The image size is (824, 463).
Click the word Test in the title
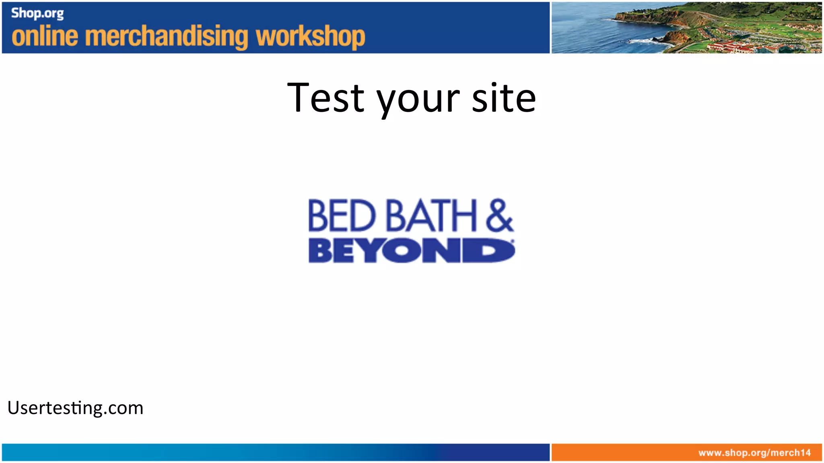pyautogui.click(x=326, y=98)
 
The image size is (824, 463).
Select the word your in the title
pyautogui.click(x=418, y=100)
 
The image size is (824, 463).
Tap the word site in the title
pyautogui.click(x=504, y=98)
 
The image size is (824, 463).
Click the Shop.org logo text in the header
pyautogui.click(x=37, y=14)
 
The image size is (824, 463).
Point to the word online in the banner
pyautogui.click(x=45, y=37)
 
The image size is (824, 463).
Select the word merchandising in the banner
pyautogui.click(x=167, y=37)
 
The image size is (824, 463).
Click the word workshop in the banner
pyautogui.click(x=311, y=37)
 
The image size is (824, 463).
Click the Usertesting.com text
pyautogui.click(x=75, y=408)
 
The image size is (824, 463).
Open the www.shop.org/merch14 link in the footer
pyautogui.click(x=754, y=453)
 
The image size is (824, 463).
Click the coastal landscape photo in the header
pyautogui.click(x=686, y=27)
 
